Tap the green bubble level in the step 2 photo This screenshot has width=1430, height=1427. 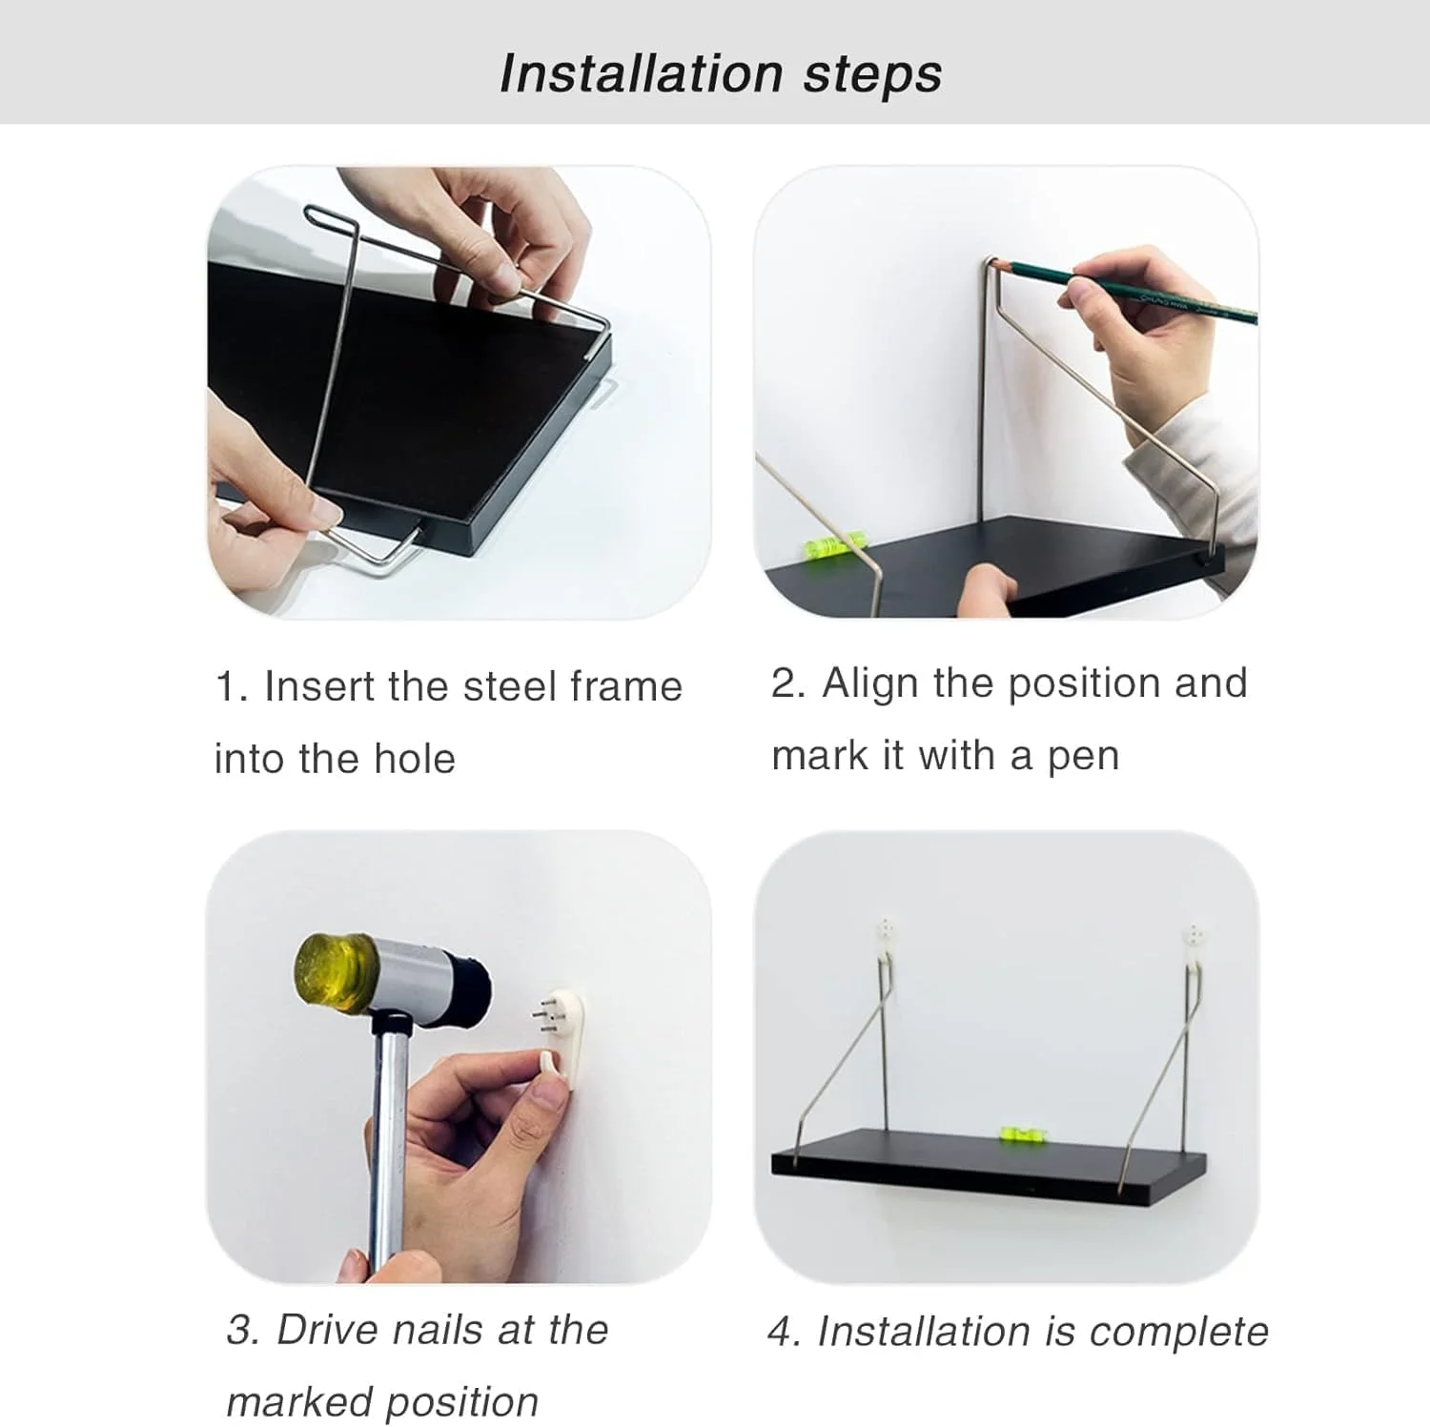(x=826, y=546)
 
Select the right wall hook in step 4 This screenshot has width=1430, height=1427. (x=1195, y=938)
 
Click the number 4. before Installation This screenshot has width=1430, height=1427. (x=785, y=1332)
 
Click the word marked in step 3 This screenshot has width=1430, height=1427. (x=298, y=1402)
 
